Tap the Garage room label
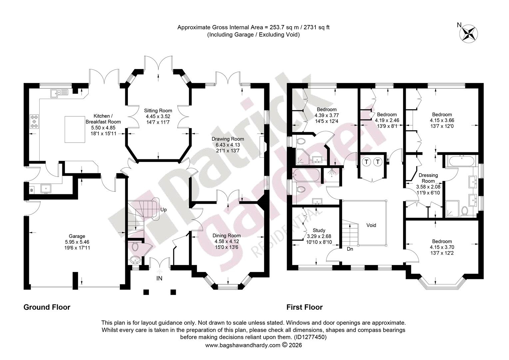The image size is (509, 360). coord(77,236)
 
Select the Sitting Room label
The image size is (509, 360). coord(158,111)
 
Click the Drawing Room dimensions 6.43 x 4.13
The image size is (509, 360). coord(228,145)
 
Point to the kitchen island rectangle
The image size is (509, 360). coord(75,129)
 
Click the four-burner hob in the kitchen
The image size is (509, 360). coord(34,121)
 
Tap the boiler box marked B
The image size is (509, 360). coord(32,190)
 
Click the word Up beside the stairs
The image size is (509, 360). coord(163,209)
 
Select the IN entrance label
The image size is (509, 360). coord(159,278)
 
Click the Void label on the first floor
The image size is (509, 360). coord(371,225)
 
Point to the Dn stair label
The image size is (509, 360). coord(350,249)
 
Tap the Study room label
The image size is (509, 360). coord(319,230)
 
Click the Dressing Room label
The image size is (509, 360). coord(428,178)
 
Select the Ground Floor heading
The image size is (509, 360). coord(47,307)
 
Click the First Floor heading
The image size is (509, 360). coord(304,307)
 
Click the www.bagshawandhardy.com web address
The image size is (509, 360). coord(243,345)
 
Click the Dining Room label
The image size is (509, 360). coord(227,235)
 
